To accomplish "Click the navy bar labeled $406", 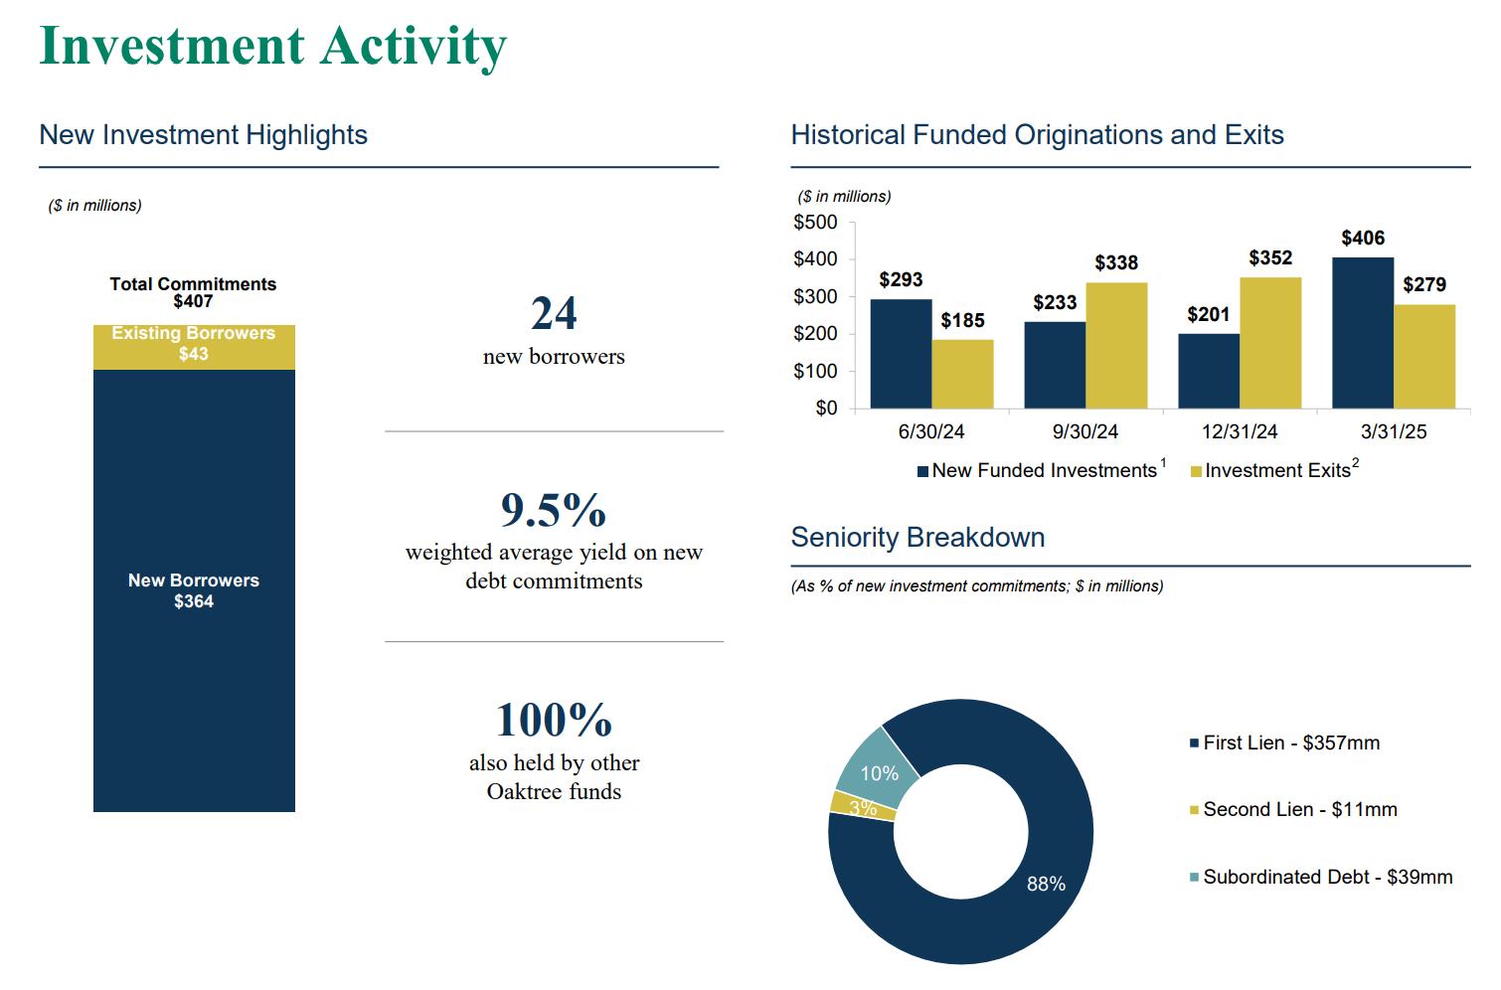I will point(1362,333).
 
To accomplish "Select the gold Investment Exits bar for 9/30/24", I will point(1116,345).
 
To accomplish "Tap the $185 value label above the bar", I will point(962,320).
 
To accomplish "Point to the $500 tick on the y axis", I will point(815,223).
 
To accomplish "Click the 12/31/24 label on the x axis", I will point(1240,431).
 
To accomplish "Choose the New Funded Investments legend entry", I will point(1039,470).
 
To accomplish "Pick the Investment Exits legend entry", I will point(1275,470).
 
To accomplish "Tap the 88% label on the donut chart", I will point(1046,884).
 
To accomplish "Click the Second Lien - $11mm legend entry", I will point(1298,809).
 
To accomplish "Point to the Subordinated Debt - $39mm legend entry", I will point(1326,877).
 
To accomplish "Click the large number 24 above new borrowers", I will point(554,314).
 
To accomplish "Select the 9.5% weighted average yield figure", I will point(554,511).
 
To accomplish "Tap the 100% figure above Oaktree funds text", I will point(554,721).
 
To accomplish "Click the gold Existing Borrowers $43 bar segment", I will point(194,346).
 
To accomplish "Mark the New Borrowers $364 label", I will point(194,590).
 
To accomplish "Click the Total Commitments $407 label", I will point(193,292).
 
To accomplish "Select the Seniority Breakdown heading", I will point(917,538).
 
